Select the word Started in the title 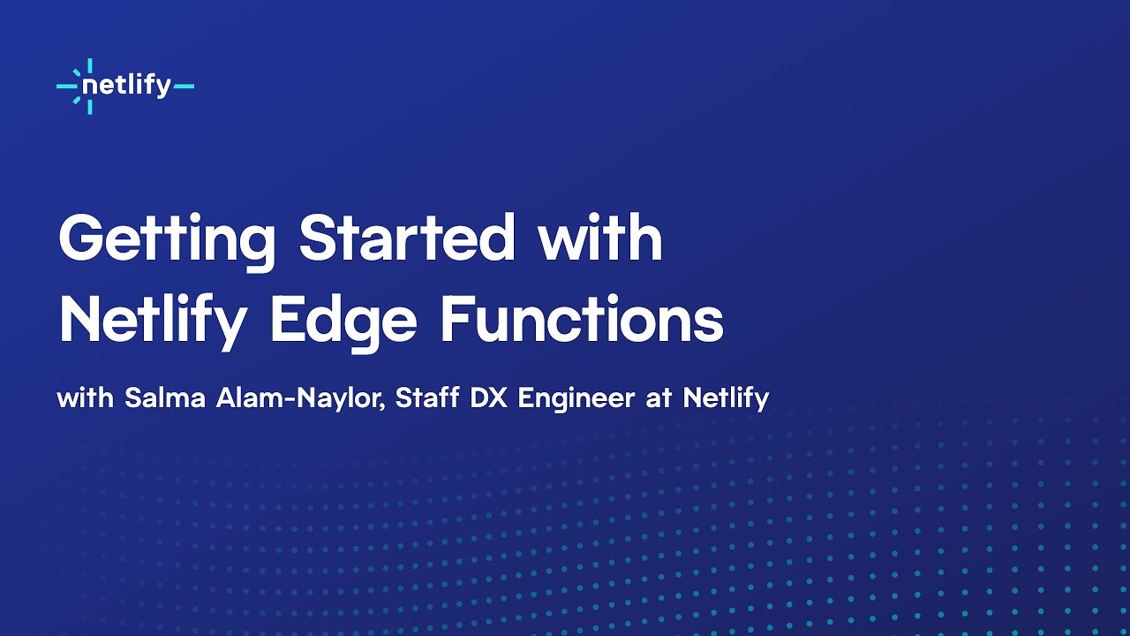coord(407,238)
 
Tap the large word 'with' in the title coord(600,238)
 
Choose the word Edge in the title coord(343,322)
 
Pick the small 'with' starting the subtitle coord(86,397)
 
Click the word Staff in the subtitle coord(426,397)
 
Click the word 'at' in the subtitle coord(659,398)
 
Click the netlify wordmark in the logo coord(126,87)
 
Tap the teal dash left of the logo coord(65,87)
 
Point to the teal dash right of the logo coord(184,87)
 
